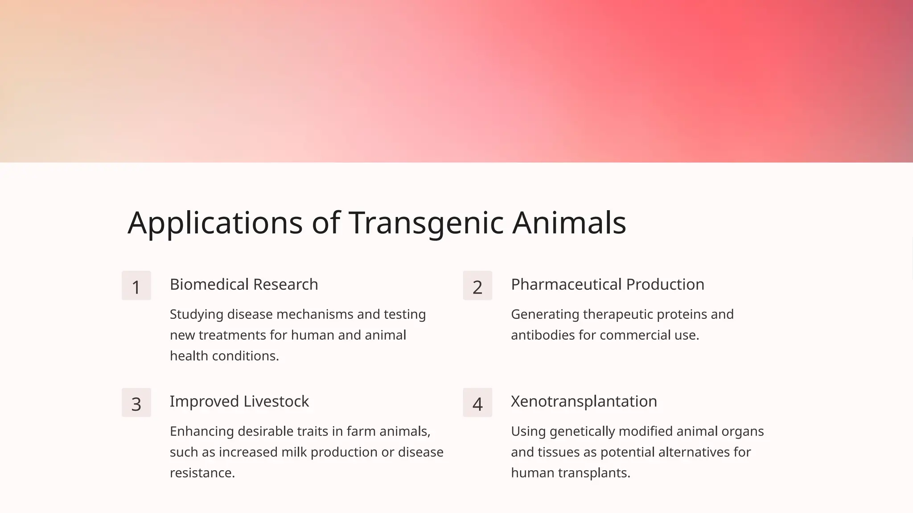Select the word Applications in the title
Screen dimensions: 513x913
click(x=215, y=223)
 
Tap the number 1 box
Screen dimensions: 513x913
click(x=136, y=286)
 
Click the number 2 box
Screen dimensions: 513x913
click(x=477, y=286)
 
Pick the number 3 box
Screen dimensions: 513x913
click(x=136, y=403)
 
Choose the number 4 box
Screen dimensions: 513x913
click(x=477, y=403)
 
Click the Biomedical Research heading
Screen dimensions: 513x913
click(x=244, y=285)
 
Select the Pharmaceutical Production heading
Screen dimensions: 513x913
click(x=607, y=285)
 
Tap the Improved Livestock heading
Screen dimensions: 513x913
click(x=239, y=402)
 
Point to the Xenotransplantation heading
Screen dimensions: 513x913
click(x=584, y=402)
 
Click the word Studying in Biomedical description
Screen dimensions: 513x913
click(x=197, y=315)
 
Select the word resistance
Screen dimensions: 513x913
click(x=202, y=473)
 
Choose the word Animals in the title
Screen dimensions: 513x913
click(x=569, y=223)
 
